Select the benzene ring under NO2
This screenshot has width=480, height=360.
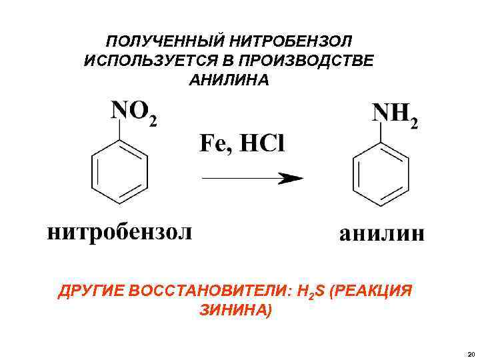(x=118, y=175)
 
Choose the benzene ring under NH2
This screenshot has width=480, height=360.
(x=379, y=177)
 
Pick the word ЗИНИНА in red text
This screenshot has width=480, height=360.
(x=235, y=310)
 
